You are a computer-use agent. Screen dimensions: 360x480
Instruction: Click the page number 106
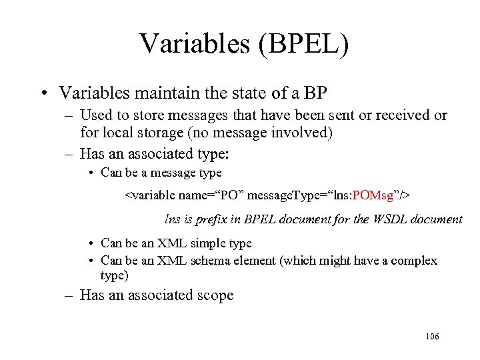(431, 337)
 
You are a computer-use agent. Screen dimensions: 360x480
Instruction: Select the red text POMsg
(373, 196)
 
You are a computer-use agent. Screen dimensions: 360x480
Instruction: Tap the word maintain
(174, 91)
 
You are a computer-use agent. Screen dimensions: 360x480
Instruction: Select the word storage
(157, 133)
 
